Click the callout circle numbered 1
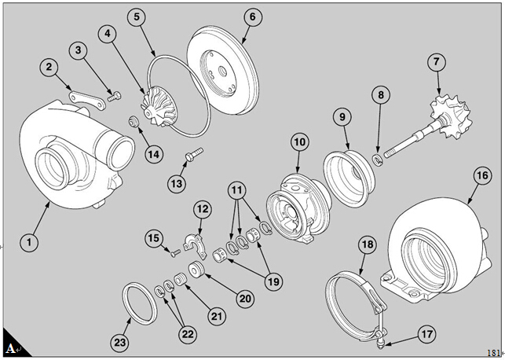tap(29, 243)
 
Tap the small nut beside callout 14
tap(134, 121)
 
